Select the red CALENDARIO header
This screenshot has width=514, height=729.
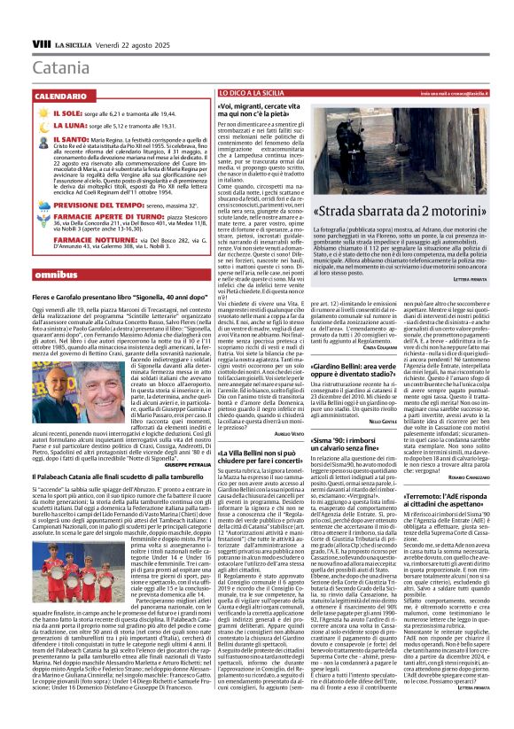click(62, 94)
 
